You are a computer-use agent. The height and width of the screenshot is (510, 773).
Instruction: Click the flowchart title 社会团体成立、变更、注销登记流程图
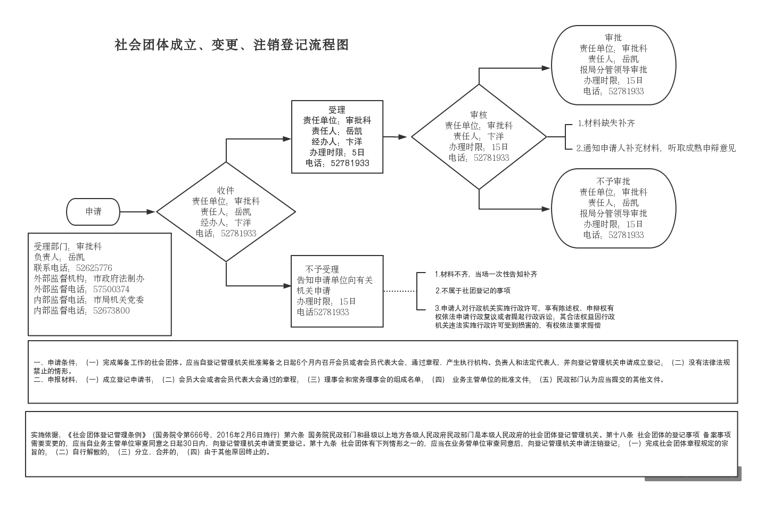232,45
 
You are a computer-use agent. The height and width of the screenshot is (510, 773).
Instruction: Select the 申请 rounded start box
93,212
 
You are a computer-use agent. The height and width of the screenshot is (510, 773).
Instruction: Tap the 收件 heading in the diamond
226,190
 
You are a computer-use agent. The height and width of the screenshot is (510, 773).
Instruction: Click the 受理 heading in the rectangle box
337,110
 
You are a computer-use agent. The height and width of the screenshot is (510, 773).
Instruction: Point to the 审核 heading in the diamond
479,114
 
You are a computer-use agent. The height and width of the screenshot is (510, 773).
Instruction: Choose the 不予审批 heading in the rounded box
613,181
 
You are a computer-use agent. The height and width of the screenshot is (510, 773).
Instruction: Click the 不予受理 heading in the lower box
322,269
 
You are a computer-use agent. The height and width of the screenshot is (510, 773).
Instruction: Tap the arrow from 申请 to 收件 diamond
137,212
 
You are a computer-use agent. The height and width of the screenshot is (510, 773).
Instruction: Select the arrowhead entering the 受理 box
287,139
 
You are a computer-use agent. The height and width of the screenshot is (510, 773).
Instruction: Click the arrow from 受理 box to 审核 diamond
395,137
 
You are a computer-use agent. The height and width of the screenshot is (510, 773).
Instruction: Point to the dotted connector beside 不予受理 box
400,291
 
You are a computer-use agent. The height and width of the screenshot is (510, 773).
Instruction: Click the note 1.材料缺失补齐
606,123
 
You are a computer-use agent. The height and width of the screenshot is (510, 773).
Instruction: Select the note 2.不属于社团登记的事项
473,291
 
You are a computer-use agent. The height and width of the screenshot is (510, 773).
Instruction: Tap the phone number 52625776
94,268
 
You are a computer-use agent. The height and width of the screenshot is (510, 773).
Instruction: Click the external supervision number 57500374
111,289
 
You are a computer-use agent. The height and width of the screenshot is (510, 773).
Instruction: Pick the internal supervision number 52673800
111,310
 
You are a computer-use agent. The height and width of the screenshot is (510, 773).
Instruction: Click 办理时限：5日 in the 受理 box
337,152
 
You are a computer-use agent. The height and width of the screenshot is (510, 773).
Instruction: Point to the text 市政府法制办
119,278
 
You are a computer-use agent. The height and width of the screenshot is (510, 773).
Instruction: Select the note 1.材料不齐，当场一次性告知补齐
486,274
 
